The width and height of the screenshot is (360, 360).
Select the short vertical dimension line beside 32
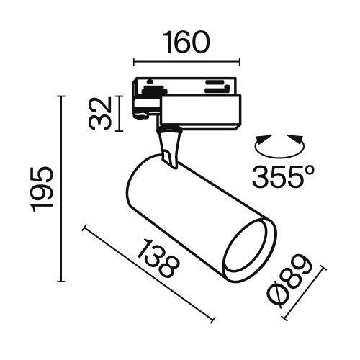119,114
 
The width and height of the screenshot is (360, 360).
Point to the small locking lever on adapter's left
141,112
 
